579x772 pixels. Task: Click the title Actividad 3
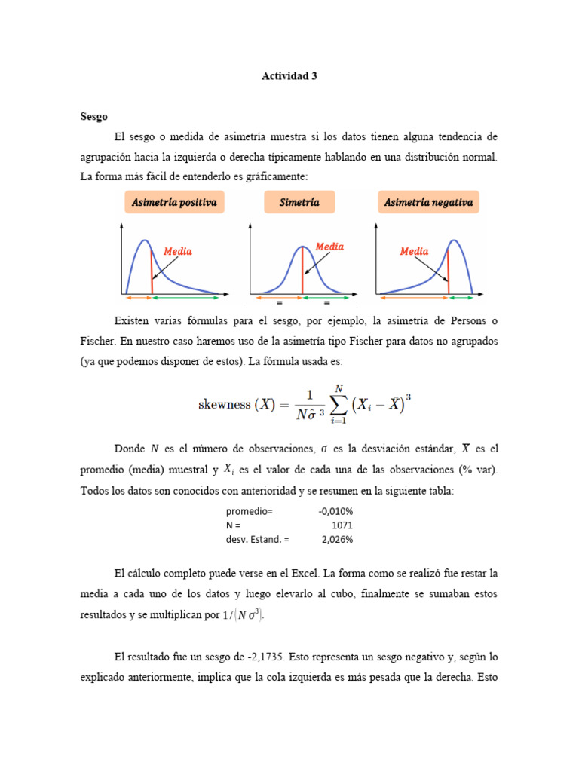[x=289, y=76]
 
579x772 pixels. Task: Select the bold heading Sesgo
[x=93, y=116]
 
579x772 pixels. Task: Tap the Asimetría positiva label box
[x=174, y=202]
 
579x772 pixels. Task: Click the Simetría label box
[x=299, y=202]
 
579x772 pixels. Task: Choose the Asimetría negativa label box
[x=428, y=202]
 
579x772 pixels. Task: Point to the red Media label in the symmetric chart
[x=329, y=247]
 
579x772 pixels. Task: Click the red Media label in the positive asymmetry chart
[x=178, y=251]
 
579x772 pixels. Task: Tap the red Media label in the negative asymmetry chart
[x=414, y=251]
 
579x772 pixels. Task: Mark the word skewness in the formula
[x=224, y=404]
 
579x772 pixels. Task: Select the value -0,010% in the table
[x=335, y=511]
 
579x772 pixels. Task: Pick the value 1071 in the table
[x=342, y=525]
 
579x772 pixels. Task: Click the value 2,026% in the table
[x=337, y=540]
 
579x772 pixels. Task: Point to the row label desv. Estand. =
[x=257, y=540]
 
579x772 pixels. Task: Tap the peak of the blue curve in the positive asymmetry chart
[x=146, y=241]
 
